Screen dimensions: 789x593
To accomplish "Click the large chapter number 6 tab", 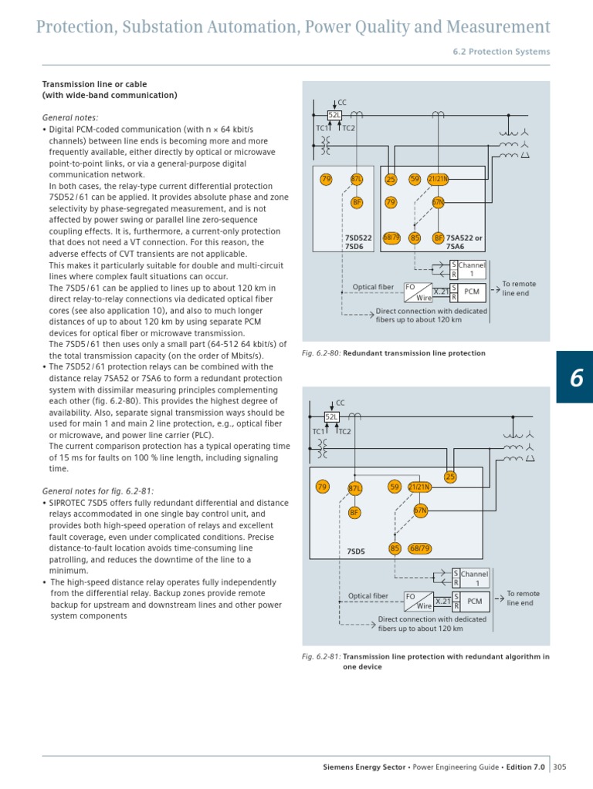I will point(575,377).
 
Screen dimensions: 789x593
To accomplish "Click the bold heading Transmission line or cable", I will point(94,84).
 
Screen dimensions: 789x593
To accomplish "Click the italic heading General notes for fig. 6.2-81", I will point(98,491).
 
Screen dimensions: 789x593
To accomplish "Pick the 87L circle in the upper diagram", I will point(357,179).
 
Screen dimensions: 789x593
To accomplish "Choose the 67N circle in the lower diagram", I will point(420,510).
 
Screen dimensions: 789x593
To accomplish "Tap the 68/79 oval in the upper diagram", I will point(391,238).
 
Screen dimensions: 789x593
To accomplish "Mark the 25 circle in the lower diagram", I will point(450,477).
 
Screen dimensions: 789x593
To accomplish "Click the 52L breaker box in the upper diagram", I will point(334,115).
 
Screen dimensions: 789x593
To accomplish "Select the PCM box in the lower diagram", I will point(474,601).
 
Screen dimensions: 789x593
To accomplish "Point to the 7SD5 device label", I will point(356,551).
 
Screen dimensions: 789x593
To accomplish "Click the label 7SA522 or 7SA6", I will point(465,242).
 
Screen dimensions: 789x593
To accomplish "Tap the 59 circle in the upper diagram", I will point(415,179).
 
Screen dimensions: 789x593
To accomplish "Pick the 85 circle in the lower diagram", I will point(395,548).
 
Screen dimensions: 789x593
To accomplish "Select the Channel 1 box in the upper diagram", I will point(473,270).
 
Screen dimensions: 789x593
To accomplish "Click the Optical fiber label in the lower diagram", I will point(368,595).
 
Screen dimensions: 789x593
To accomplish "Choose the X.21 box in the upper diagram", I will point(440,292).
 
